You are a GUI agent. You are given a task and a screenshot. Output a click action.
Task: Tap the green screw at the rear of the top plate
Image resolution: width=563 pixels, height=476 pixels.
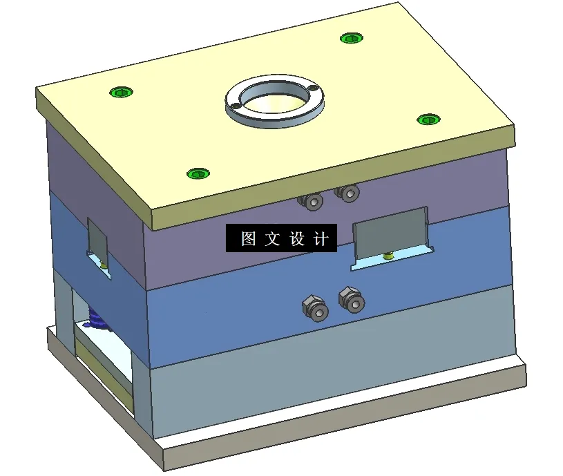click(x=352, y=37)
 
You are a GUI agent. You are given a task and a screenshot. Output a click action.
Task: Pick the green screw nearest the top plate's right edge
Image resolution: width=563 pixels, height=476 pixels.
click(x=428, y=120)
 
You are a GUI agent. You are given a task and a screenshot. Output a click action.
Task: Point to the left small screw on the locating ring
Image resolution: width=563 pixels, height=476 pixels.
click(x=235, y=104)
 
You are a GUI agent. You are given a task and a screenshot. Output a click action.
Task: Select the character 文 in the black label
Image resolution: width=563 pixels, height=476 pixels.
click(x=272, y=239)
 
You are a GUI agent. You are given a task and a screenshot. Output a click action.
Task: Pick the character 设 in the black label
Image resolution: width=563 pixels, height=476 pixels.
click(x=297, y=239)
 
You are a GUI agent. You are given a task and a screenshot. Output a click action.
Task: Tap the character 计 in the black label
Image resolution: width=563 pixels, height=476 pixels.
click(x=321, y=239)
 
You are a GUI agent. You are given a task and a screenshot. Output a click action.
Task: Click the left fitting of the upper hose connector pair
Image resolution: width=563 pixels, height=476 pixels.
click(x=312, y=201)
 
